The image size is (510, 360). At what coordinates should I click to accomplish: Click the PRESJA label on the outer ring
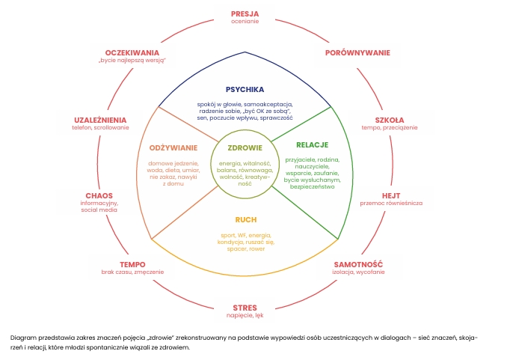(245, 13)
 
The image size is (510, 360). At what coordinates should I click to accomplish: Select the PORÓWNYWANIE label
(357, 53)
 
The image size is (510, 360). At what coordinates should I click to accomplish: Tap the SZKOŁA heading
(389, 120)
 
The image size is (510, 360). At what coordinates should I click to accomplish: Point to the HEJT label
(391, 195)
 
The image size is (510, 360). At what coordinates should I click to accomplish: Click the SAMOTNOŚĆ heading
(357, 264)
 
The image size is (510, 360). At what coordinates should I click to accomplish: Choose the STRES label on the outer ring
(245, 308)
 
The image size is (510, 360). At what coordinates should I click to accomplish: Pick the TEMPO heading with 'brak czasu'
(132, 264)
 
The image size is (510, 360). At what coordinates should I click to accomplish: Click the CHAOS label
(99, 195)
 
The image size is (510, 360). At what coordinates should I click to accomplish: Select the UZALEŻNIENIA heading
(100, 120)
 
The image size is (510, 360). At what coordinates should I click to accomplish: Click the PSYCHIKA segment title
(245, 89)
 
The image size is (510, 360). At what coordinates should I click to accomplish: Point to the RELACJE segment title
(313, 144)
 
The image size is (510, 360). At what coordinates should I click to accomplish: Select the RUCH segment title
(245, 220)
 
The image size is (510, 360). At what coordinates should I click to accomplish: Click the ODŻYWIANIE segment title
(173, 147)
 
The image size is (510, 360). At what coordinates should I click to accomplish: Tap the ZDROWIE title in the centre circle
(245, 147)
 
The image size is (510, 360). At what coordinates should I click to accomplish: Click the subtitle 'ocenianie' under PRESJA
(245, 21)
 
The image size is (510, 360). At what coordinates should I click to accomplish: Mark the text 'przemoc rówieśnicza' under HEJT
(391, 204)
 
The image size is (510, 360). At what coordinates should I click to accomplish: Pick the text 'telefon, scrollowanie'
(100, 128)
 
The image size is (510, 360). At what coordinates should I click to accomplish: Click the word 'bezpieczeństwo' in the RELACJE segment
(313, 186)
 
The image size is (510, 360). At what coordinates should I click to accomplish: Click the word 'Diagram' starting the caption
(22, 337)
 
